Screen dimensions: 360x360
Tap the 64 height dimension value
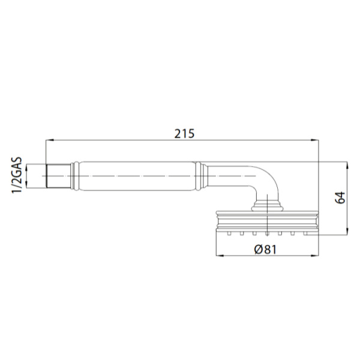339,198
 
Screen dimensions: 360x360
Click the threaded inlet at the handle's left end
58,175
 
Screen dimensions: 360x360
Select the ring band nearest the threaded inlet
75,175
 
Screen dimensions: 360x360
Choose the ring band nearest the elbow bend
200,175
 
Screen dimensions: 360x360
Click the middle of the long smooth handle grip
137,175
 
